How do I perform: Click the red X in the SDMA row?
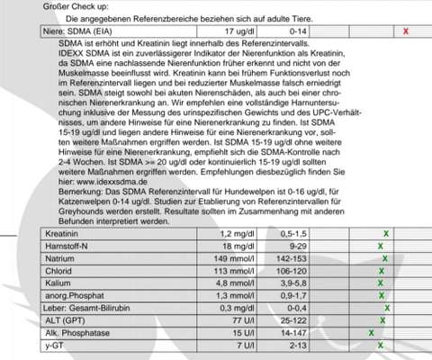pos(407,31)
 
